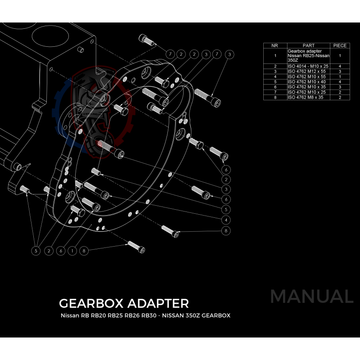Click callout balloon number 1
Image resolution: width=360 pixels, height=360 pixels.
[x=72, y=250]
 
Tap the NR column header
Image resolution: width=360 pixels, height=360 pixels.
[x=275, y=45]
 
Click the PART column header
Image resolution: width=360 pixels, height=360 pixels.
[x=309, y=45]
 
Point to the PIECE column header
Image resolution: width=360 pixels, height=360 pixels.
[x=340, y=45]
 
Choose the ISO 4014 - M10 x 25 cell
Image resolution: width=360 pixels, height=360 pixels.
[x=308, y=66]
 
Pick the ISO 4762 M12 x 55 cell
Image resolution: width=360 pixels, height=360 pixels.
[x=306, y=72]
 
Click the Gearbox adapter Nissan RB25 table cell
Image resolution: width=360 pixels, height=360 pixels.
[x=309, y=56]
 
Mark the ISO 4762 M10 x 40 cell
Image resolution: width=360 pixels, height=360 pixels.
[x=306, y=81]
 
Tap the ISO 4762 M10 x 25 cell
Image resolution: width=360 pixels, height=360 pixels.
[x=306, y=92]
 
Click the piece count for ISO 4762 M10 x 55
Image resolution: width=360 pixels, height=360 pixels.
[x=340, y=76]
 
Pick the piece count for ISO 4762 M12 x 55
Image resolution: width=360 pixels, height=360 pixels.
[x=340, y=72]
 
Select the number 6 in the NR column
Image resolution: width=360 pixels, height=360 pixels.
[x=275, y=87]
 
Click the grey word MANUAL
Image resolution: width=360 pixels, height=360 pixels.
[x=311, y=297]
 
